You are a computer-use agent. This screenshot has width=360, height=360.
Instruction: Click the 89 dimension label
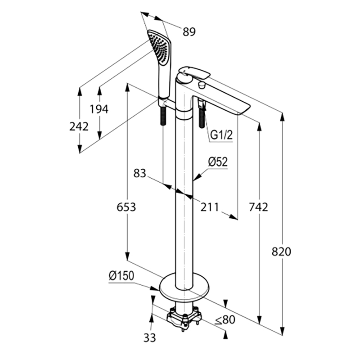click(189, 31)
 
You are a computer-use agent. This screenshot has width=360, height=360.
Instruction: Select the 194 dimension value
click(99, 109)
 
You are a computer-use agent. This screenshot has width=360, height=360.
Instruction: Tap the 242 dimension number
click(79, 126)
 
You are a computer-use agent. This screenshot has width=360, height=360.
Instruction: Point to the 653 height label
click(126, 207)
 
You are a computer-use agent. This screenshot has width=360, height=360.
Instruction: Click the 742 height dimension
click(258, 207)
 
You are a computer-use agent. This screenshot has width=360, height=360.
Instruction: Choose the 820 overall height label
click(281, 252)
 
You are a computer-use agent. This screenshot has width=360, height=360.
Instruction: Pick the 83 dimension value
click(140, 173)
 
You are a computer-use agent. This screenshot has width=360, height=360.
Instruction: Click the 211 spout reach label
click(209, 207)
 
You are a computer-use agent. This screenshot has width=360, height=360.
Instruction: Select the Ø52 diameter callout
click(218, 162)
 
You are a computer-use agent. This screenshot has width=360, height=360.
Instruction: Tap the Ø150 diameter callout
click(121, 276)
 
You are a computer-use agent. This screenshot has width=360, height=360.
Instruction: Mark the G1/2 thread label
click(221, 135)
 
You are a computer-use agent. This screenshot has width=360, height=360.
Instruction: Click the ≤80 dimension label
click(225, 319)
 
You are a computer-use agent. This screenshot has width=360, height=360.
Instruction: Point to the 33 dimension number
click(150, 338)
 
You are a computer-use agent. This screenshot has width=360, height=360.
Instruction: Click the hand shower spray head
click(160, 47)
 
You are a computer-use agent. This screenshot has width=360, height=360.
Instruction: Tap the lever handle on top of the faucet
click(195, 72)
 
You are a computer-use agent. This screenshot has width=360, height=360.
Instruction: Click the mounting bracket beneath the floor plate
click(184, 318)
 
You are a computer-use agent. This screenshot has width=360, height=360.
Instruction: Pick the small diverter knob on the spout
click(202, 85)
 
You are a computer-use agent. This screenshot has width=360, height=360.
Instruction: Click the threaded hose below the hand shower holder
click(163, 116)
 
